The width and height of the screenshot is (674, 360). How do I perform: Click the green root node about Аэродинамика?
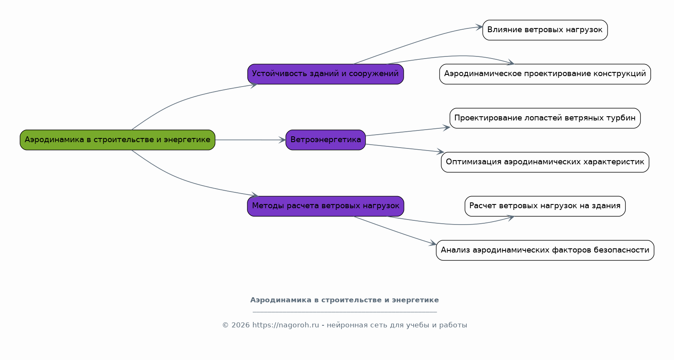click(117, 140)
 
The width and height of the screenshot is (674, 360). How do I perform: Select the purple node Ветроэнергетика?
click(326, 140)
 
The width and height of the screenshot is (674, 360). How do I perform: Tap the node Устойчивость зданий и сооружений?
click(326, 74)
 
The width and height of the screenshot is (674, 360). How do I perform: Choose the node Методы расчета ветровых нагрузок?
click(326, 206)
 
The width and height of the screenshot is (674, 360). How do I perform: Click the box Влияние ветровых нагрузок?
click(545, 30)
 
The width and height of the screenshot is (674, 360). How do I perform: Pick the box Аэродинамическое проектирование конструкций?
click(545, 74)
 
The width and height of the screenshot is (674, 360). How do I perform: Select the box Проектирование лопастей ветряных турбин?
click(545, 118)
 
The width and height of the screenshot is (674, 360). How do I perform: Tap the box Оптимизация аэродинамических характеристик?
click(545, 162)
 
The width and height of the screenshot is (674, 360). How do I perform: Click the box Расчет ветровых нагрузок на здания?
click(545, 206)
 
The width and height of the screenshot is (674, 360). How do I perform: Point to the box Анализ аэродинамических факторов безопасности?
click(545, 250)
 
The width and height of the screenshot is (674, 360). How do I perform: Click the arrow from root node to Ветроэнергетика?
click(251, 140)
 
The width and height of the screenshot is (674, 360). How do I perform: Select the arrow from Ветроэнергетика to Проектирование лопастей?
click(407, 132)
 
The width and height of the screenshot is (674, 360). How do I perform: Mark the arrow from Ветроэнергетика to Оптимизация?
click(404, 148)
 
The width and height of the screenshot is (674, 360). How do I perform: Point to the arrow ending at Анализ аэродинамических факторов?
click(395, 230)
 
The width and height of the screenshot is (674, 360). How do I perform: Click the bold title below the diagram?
click(344, 300)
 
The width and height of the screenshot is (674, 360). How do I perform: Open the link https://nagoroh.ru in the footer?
click(285, 325)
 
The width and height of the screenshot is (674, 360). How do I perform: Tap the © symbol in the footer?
click(225, 325)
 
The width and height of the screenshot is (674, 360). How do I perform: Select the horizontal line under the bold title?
click(344, 312)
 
